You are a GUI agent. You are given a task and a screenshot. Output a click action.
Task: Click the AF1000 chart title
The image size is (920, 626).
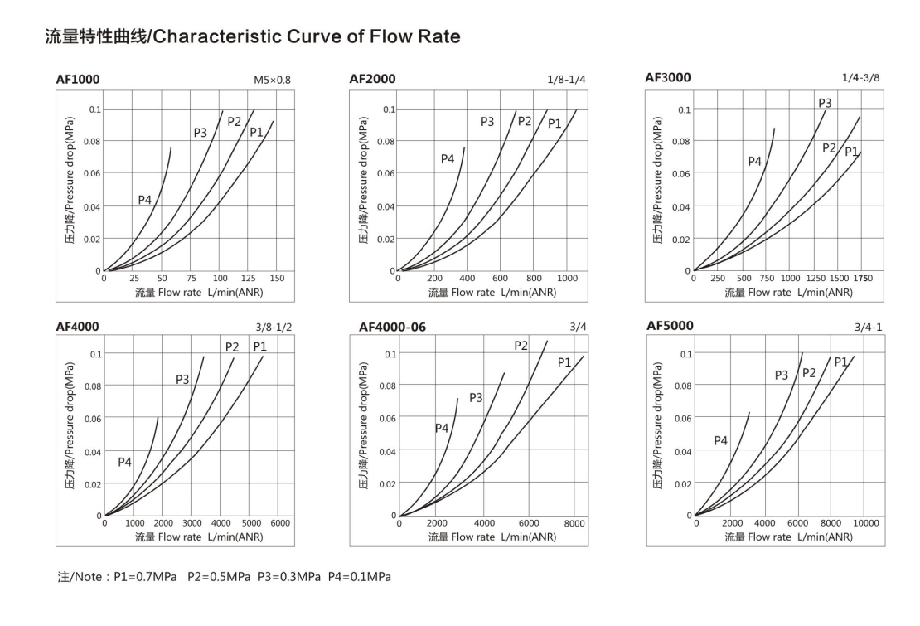click(x=78, y=79)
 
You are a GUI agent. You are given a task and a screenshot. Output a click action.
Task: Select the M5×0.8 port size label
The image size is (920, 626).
click(x=272, y=80)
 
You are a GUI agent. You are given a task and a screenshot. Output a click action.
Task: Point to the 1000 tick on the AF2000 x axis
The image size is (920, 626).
click(x=567, y=278)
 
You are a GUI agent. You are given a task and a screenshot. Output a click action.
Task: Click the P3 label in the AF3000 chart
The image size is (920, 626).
click(x=825, y=103)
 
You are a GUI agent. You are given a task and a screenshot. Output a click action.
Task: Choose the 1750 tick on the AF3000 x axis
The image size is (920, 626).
click(x=863, y=278)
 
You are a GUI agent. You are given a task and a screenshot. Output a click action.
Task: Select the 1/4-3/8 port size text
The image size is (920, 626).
click(x=860, y=78)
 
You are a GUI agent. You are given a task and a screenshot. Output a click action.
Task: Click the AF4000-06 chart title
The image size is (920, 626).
click(x=392, y=327)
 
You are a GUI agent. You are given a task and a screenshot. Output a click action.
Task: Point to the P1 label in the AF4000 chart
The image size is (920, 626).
click(x=260, y=346)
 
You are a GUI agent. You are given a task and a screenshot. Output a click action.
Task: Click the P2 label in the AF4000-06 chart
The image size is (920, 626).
click(x=521, y=346)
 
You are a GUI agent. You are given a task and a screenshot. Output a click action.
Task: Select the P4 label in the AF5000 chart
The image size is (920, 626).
click(x=720, y=440)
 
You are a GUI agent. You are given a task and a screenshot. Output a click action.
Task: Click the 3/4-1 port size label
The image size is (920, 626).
click(x=868, y=327)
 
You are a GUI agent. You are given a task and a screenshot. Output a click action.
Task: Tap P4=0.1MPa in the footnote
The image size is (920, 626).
click(x=359, y=577)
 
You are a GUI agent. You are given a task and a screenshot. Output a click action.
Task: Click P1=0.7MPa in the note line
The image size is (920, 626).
click(x=145, y=577)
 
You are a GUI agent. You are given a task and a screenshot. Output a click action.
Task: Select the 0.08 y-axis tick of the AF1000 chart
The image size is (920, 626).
click(x=92, y=141)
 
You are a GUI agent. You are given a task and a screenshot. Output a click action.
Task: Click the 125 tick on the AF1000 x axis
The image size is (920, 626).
click(x=248, y=278)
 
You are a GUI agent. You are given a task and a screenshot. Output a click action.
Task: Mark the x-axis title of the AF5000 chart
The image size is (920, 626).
click(x=788, y=537)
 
